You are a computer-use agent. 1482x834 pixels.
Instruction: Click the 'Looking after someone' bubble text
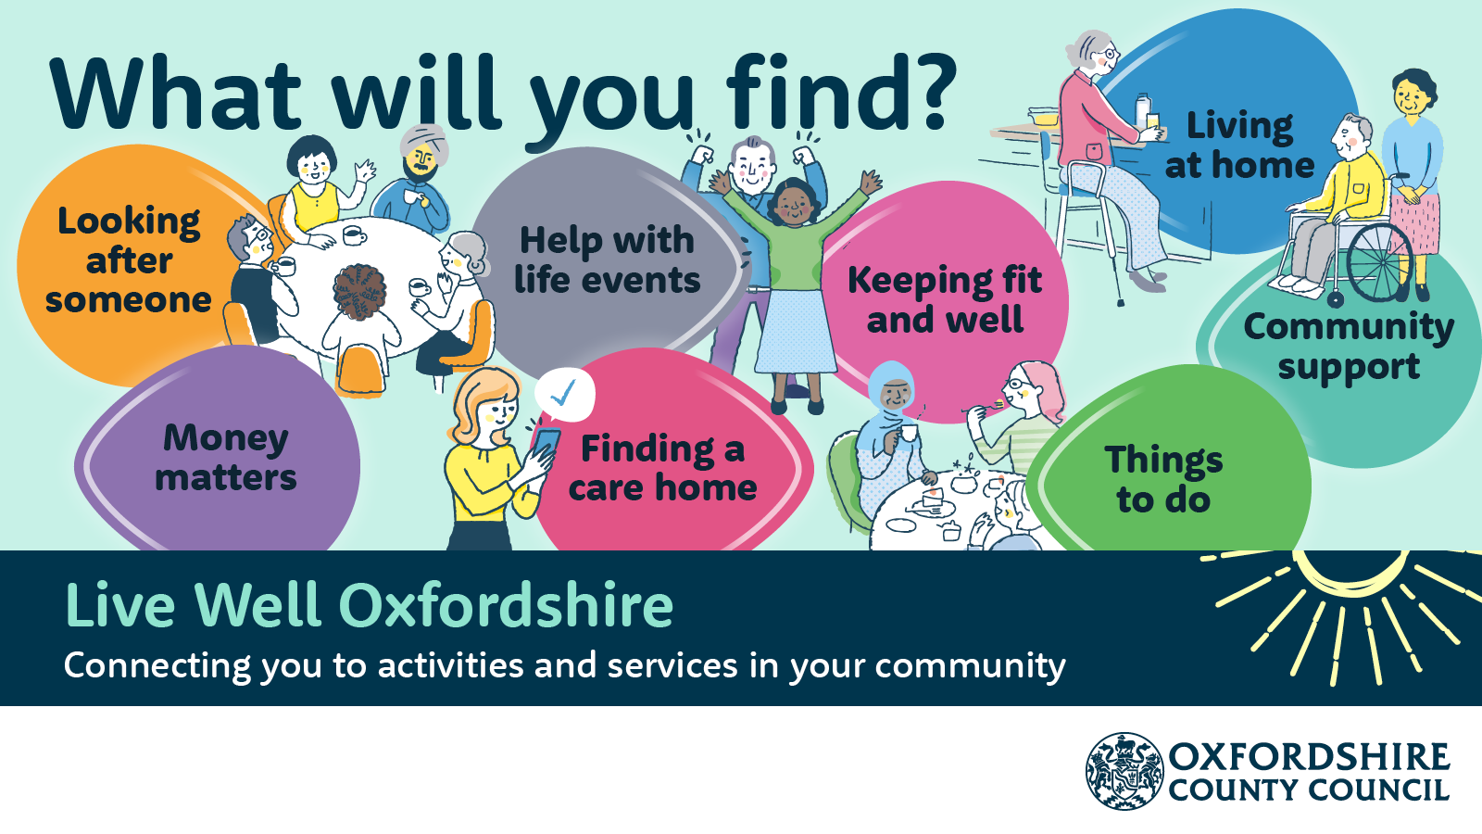(129, 260)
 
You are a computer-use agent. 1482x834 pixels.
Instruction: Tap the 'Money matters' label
(226, 458)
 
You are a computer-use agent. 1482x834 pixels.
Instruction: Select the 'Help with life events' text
(607, 260)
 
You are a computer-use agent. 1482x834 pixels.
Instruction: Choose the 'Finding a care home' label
(662, 469)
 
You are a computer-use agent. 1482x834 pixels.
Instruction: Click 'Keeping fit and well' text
(945, 299)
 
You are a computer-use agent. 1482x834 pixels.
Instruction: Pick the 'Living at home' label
(1240, 145)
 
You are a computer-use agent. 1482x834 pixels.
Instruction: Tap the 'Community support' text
(1349, 347)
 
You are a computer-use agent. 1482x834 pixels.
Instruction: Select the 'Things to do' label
(1163, 479)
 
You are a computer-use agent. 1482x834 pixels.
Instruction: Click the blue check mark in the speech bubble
(563, 392)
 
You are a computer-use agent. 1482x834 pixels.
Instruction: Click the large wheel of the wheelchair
(1380, 263)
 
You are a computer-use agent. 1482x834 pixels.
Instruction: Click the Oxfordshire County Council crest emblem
(1124, 771)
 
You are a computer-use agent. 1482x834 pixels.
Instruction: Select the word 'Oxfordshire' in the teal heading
(506, 606)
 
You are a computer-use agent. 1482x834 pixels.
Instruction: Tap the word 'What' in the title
(176, 94)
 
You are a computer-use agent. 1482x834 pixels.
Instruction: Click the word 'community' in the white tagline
(970, 666)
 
